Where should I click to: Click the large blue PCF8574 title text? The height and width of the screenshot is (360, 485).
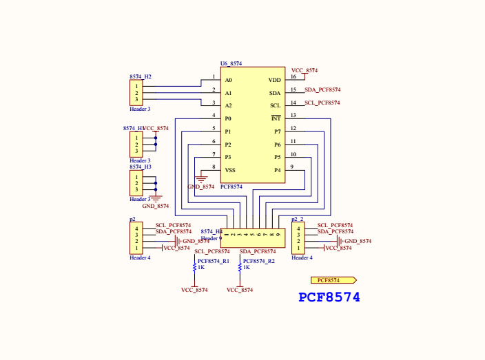[329, 297]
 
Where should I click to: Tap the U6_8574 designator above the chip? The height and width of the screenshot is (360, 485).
[231, 63]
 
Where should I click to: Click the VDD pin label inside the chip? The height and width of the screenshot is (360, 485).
[274, 80]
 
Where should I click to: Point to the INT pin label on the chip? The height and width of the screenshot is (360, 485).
[276, 118]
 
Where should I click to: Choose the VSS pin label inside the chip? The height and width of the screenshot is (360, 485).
[230, 170]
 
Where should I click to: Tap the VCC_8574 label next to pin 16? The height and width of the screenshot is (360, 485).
[305, 70]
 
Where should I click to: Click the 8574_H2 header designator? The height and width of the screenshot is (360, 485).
[141, 76]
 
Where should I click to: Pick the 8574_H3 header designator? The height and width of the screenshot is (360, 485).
[141, 167]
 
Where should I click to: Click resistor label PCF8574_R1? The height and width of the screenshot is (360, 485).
[214, 262]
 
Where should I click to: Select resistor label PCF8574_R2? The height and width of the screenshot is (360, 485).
[259, 262]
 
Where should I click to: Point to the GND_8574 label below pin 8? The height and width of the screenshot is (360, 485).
[201, 187]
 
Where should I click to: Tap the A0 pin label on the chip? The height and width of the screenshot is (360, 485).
[229, 80]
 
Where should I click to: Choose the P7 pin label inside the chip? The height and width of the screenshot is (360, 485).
[278, 131]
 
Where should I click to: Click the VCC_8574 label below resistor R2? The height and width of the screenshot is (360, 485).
[240, 290]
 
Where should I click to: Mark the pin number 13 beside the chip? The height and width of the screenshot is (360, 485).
[293, 115]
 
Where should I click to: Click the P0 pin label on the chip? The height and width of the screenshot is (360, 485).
[229, 118]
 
